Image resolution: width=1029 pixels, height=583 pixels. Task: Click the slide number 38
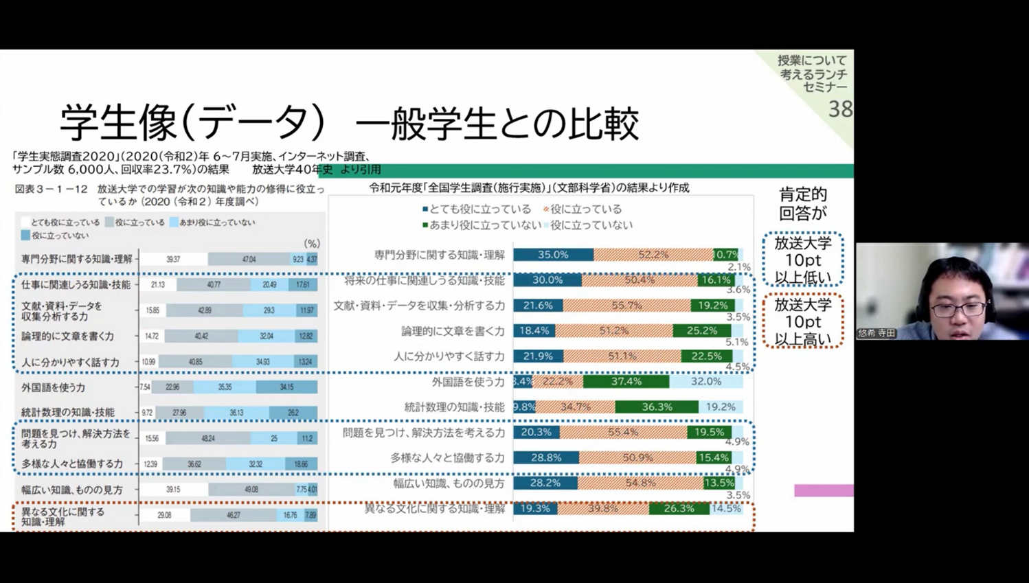[x=840, y=108]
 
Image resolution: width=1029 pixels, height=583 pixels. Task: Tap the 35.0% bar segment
[x=553, y=255]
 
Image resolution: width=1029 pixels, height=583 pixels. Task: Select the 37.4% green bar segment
[x=626, y=381]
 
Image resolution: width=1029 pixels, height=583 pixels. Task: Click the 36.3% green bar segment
[x=657, y=407]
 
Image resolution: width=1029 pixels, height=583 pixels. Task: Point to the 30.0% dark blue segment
[x=547, y=280]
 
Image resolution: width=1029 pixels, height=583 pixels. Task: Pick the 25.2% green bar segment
[x=701, y=330]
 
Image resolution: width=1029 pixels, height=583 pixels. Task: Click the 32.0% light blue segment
[x=705, y=381]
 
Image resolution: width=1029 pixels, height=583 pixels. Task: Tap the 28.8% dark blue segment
[x=546, y=457]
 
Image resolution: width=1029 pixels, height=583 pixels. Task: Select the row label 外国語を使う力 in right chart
[x=468, y=382]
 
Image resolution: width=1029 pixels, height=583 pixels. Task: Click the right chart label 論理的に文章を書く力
[x=453, y=331]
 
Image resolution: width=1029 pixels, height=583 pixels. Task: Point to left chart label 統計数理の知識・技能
[x=68, y=412]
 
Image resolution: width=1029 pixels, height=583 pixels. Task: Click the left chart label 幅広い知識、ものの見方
[x=72, y=490]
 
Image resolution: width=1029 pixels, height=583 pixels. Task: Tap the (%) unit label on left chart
[x=312, y=243]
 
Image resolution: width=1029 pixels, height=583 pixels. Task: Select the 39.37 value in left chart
[x=173, y=259]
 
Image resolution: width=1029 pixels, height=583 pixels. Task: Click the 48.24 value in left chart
[x=207, y=438]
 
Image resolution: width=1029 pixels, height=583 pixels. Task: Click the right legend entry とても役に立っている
[x=479, y=209]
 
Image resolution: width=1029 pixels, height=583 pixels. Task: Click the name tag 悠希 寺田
[x=877, y=333]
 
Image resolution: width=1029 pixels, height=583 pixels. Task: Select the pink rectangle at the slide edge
[x=824, y=490]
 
